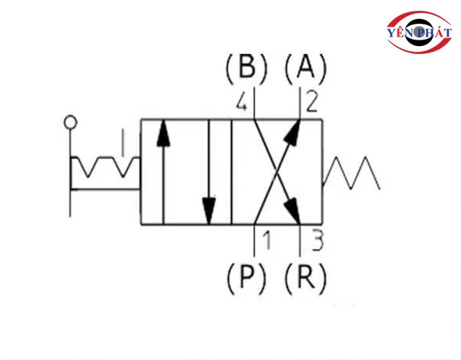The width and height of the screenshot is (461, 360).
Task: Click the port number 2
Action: tap(311, 105)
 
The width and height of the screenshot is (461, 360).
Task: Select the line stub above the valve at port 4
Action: tap(254, 101)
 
